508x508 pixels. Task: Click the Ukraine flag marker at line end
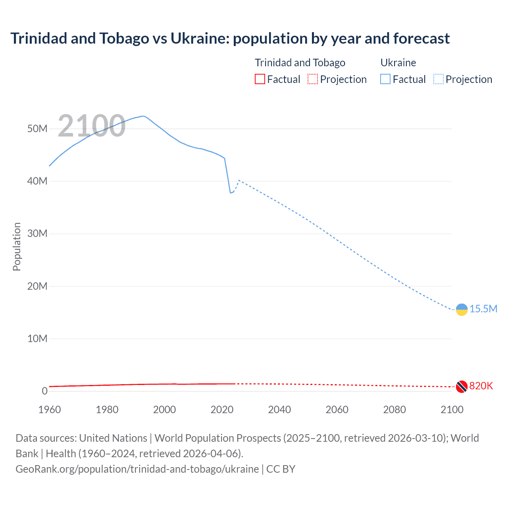pyautogui.click(x=462, y=310)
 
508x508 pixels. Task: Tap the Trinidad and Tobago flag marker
pyautogui.click(x=461, y=387)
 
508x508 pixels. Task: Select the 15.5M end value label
pyautogui.click(x=483, y=309)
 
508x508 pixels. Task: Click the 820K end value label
pyautogui.click(x=481, y=386)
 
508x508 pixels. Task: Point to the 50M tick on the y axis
pyautogui.click(x=37, y=129)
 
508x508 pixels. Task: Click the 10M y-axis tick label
pyautogui.click(x=37, y=339)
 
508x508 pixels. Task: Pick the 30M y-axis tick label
pyautogui.click(x=37, y=233)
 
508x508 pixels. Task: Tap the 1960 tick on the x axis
pyautogui.click(x=50, y=410)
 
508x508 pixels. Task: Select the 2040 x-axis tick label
pyautogui.click(x=279, y=410)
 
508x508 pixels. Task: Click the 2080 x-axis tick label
pyautogui.click(x=394, y=410)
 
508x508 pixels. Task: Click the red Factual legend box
pyautogui.click(x=260, y=79)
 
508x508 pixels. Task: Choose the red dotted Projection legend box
pyautogui.click(x=313, y=79)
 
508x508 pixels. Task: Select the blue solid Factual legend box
pyautogui.click(x=385, y=79)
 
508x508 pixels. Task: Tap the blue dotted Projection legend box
pyautogui.click(x=439, y=79)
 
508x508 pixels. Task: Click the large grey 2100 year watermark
pyautogui.click(x=92, y=126)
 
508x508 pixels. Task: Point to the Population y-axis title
pyautogui.click(x=17, y=246)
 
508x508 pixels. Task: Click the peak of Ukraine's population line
pyautogui.click(x=143, y=116)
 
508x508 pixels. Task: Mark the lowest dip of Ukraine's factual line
pyautogui.click(x=231, y=192)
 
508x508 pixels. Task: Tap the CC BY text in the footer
pyautogui.click(x=281, y=469)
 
